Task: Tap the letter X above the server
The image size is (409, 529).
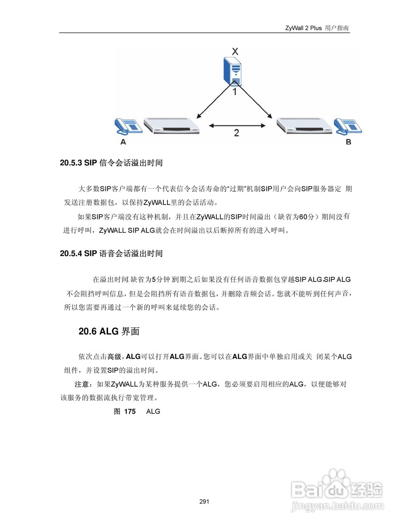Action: click(x=235, y=52)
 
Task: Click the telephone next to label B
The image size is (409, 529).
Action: click(x=348, y=126)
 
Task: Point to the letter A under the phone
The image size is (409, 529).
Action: click(x=123, y=142)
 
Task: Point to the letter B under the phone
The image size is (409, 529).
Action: click(x=348, y=142)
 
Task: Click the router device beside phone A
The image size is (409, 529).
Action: click(x=171, y=126)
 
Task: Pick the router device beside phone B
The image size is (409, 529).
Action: click(x=304, y=126)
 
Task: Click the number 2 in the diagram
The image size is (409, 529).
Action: click(x=236, y=133)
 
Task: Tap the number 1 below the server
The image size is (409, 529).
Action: click(x=234, y=92)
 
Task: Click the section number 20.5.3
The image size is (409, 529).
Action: click(x=71, y=163)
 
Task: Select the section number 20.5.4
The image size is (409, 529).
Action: click(x=71, y=253)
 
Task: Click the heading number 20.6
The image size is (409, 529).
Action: click(x=87, y=331)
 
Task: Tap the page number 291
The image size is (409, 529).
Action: click(x=204, y=502)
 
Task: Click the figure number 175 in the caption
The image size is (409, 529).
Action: click(x=130, y=411)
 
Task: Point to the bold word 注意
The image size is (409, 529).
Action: click(x=82, y=384)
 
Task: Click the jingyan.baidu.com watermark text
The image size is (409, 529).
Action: click(x=337, y=506)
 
